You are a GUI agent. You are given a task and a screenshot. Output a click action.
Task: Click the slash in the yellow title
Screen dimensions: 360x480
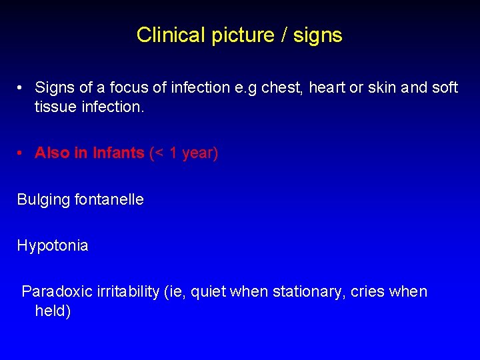pos(285,35)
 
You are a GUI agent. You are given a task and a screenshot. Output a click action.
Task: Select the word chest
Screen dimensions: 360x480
pos(283,87)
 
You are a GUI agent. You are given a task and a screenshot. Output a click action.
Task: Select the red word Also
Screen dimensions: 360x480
pos(53,153)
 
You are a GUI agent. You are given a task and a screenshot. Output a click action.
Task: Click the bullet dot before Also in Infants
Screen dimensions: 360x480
pos(21,153)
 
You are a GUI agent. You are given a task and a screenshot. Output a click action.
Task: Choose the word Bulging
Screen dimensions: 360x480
pos(43,199)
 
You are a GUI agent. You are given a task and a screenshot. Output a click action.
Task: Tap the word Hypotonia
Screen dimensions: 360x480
pos(52,245)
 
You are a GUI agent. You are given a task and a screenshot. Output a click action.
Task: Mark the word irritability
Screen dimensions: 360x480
pos(126,291)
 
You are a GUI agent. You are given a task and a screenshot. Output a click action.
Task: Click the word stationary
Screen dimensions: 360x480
pos(303,291)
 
